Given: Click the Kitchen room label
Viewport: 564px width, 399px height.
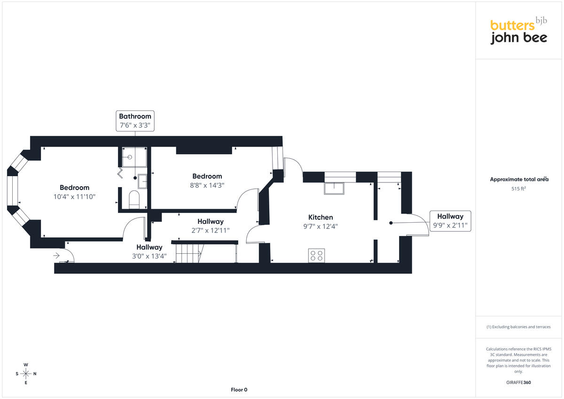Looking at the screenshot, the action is pyautogui.click(x=321, y=217).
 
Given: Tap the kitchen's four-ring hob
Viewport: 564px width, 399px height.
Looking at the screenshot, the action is pyautogui.click(x=316, y=256).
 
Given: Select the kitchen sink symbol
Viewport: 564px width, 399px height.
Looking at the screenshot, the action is pyautogui.click(x=334, y=188).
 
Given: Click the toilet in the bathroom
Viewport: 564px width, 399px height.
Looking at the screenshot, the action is pyautogui.click(x=134, y=200).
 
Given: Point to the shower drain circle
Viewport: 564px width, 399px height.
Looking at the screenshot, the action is pyautogui.click(x=130, y=157).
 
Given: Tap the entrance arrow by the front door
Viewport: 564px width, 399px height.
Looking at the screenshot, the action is pyautogui.click(x=56, y=256).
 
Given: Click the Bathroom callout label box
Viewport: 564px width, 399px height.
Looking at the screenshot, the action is pyautogui.click(x=135, y=121).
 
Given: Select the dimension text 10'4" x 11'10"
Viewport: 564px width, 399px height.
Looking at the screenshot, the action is pyautogui.click(x=75, y=196).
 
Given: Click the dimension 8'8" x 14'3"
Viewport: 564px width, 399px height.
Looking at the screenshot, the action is pyautogui.click(x=207, y=185).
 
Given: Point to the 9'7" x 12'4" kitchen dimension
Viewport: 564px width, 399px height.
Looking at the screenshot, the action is pyautogui.click(x=321, y=227).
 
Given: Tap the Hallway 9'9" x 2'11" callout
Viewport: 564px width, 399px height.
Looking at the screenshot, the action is pyautogui.click(x=450, y=221).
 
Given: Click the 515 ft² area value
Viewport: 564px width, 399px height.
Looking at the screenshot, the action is pyautogui.click(x=519, y=188).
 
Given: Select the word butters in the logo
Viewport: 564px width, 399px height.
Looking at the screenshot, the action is pyautogui.click(x=512, y=25).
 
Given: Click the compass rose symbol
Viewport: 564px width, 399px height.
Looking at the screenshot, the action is pyautogui.click(x=26, y=374).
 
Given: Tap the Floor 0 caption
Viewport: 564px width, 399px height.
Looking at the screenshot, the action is pyautogui.click(x=239, y=390).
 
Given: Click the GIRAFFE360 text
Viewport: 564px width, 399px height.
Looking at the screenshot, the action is pyautogui.click(x=518, y=383).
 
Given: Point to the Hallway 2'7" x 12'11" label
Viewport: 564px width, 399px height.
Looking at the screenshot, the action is pyautogui.click(x=211, y=226).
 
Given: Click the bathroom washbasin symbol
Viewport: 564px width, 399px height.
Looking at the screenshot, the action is pyautogui.click(x=142, y=181).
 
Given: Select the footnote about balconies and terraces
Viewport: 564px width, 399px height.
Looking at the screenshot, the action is pyautogui.click(x=518, y=327).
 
